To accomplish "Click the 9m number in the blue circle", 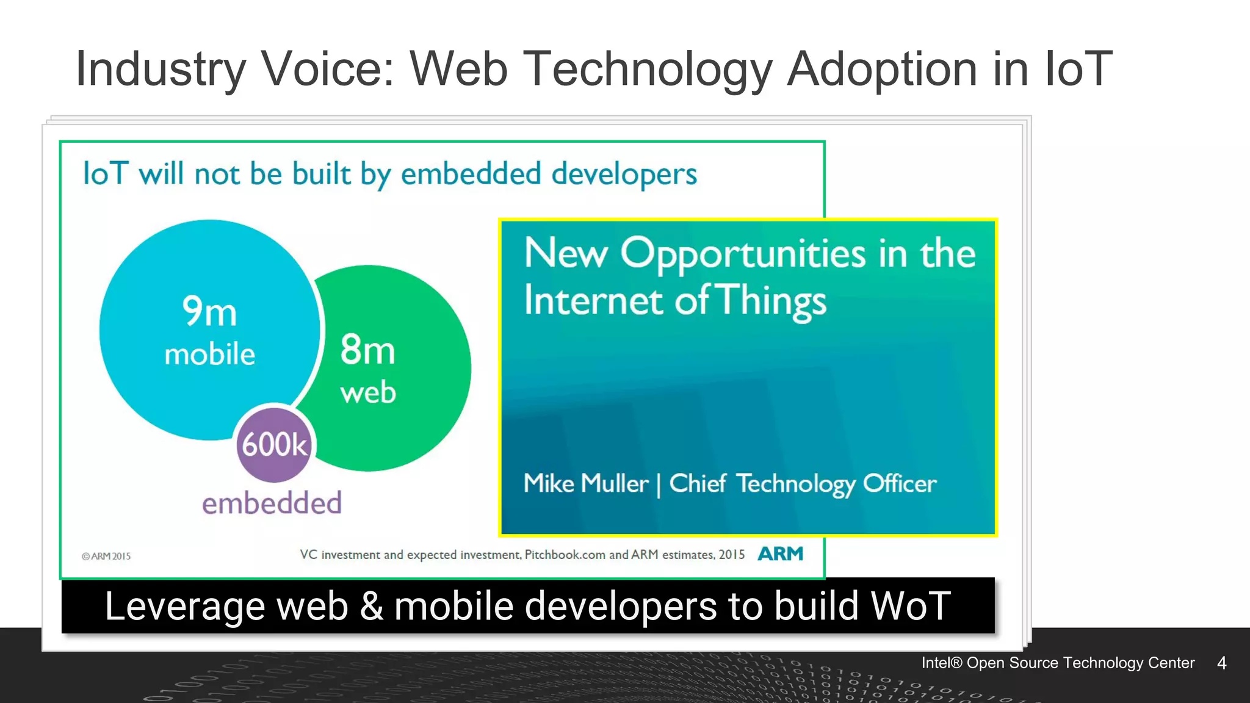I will click(x=209, y=311).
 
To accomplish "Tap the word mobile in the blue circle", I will click(x=209, y=355).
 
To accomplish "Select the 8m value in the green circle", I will click(x=367, y=350).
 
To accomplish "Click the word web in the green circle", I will click(x=368, y=392).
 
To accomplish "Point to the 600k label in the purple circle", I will click(x=274, y=444).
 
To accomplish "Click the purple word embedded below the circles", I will click(x=272, y=503).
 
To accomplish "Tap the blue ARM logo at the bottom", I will click(x=780, y=553).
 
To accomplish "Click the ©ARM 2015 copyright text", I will click(x=106, y=556).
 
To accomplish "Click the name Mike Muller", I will click(x=585, y=483).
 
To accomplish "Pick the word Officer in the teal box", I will click(x=899, y=484).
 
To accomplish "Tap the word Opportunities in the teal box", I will click(x=743, y=254).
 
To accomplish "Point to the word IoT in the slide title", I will click(x=1078, y=68).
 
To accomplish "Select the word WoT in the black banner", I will click(x=910, y=606).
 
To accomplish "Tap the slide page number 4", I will click(x=1221, y=663).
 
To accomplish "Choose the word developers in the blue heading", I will click(x=624, y=175).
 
